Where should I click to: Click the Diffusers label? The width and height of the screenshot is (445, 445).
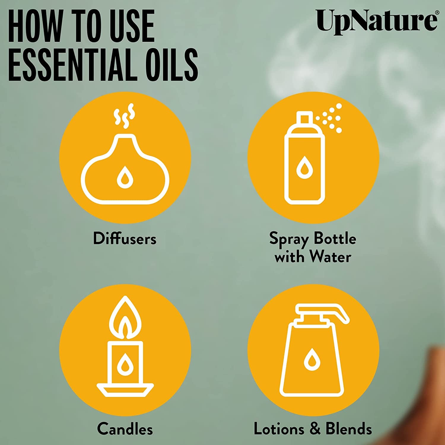125,239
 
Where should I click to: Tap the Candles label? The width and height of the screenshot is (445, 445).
125,429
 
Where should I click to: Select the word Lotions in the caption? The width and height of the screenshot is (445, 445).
279,429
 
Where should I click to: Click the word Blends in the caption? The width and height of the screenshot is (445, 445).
349,429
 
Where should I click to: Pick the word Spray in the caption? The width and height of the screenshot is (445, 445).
289,239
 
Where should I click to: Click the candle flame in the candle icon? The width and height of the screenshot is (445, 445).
125,319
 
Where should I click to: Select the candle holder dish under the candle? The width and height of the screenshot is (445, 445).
125,390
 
